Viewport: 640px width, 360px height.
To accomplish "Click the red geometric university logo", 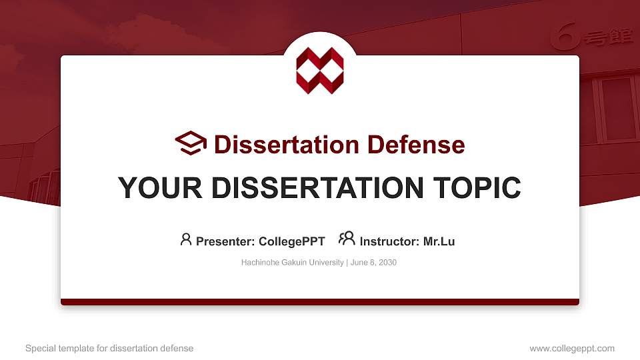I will pos(320,70).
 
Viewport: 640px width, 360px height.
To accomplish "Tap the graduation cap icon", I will pos(191,143).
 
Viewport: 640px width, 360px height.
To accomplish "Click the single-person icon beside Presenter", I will pos(186,239).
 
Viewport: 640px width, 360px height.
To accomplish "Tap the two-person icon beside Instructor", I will pos(347,239).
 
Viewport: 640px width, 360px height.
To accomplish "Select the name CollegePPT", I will pos(293,241).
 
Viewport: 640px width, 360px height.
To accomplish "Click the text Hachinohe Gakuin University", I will pos(292,263).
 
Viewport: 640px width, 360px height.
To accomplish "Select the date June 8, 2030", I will pos(373,263).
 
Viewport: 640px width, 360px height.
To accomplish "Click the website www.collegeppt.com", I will pos(571,348).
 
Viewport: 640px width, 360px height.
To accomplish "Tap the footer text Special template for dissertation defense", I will pos(109,348).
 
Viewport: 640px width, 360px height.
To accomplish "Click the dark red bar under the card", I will pos(320,302).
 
